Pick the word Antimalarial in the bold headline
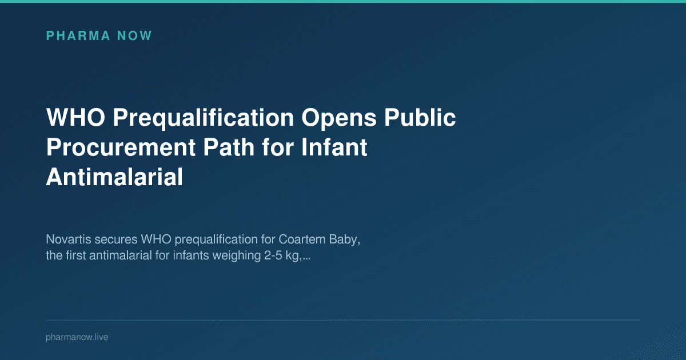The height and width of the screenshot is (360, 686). [x=114, y=177]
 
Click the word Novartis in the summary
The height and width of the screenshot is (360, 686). [x=67, y=239]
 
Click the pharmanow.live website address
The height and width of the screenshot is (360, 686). [x=77, y=337]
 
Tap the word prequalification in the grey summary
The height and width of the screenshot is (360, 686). [x=212, y=239]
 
